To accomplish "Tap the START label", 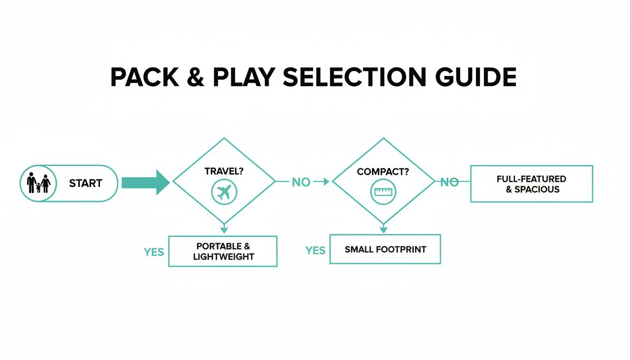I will (x=85, y=184).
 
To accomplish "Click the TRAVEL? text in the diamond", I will (x=224, y=171).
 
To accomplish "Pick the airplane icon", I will (x=225, y=192).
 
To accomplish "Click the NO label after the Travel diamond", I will (x=301, y=182).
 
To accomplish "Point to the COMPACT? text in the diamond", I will (x=383, y=172).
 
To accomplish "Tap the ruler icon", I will (x=383, y=192).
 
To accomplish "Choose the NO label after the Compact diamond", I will (x=449, y=182).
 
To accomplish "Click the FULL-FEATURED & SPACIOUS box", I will (x=532, y=184).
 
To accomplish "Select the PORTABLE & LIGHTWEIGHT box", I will (x=223, y=251).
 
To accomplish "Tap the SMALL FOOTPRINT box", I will (x=385, y=249).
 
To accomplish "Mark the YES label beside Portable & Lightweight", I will (x=154, y=252).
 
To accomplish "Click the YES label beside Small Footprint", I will (x=315, y=251).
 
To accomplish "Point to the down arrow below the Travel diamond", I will (x=224, y=228).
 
